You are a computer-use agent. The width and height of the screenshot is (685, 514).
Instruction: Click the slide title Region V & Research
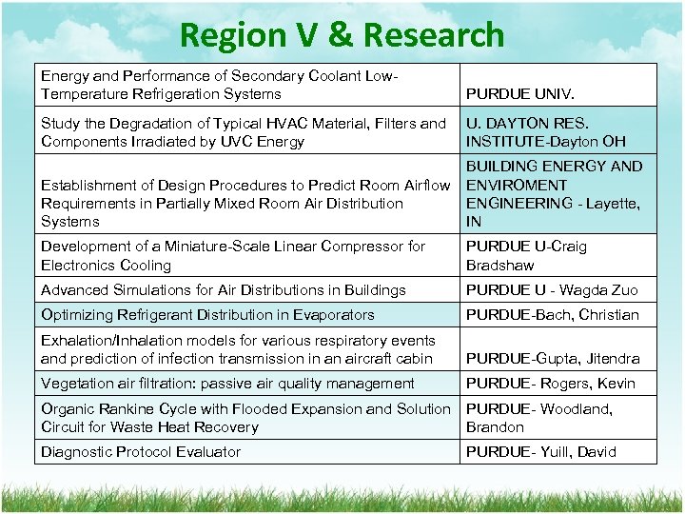click(342, 35)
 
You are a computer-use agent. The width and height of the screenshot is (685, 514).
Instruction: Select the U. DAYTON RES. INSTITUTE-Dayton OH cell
click(545, 132)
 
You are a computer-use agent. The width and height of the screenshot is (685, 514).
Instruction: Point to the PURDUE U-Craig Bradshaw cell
click(526, 255)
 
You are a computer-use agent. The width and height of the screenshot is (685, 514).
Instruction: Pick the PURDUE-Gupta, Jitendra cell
click(552, 359)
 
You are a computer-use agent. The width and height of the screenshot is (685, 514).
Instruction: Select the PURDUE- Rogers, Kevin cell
click(550, 384)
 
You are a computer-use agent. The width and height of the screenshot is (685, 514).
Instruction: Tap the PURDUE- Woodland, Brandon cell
click(538, 418)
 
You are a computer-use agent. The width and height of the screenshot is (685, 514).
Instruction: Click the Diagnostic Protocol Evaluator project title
click(141, 452)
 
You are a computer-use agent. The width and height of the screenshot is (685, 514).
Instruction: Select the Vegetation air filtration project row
click(227, 384)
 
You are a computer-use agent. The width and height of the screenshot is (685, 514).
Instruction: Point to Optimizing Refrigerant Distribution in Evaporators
click(207, 315)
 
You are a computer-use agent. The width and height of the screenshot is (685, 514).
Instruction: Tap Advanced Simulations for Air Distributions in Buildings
click(224, 290)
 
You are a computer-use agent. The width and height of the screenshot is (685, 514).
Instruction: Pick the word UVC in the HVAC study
click(235, 142)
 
